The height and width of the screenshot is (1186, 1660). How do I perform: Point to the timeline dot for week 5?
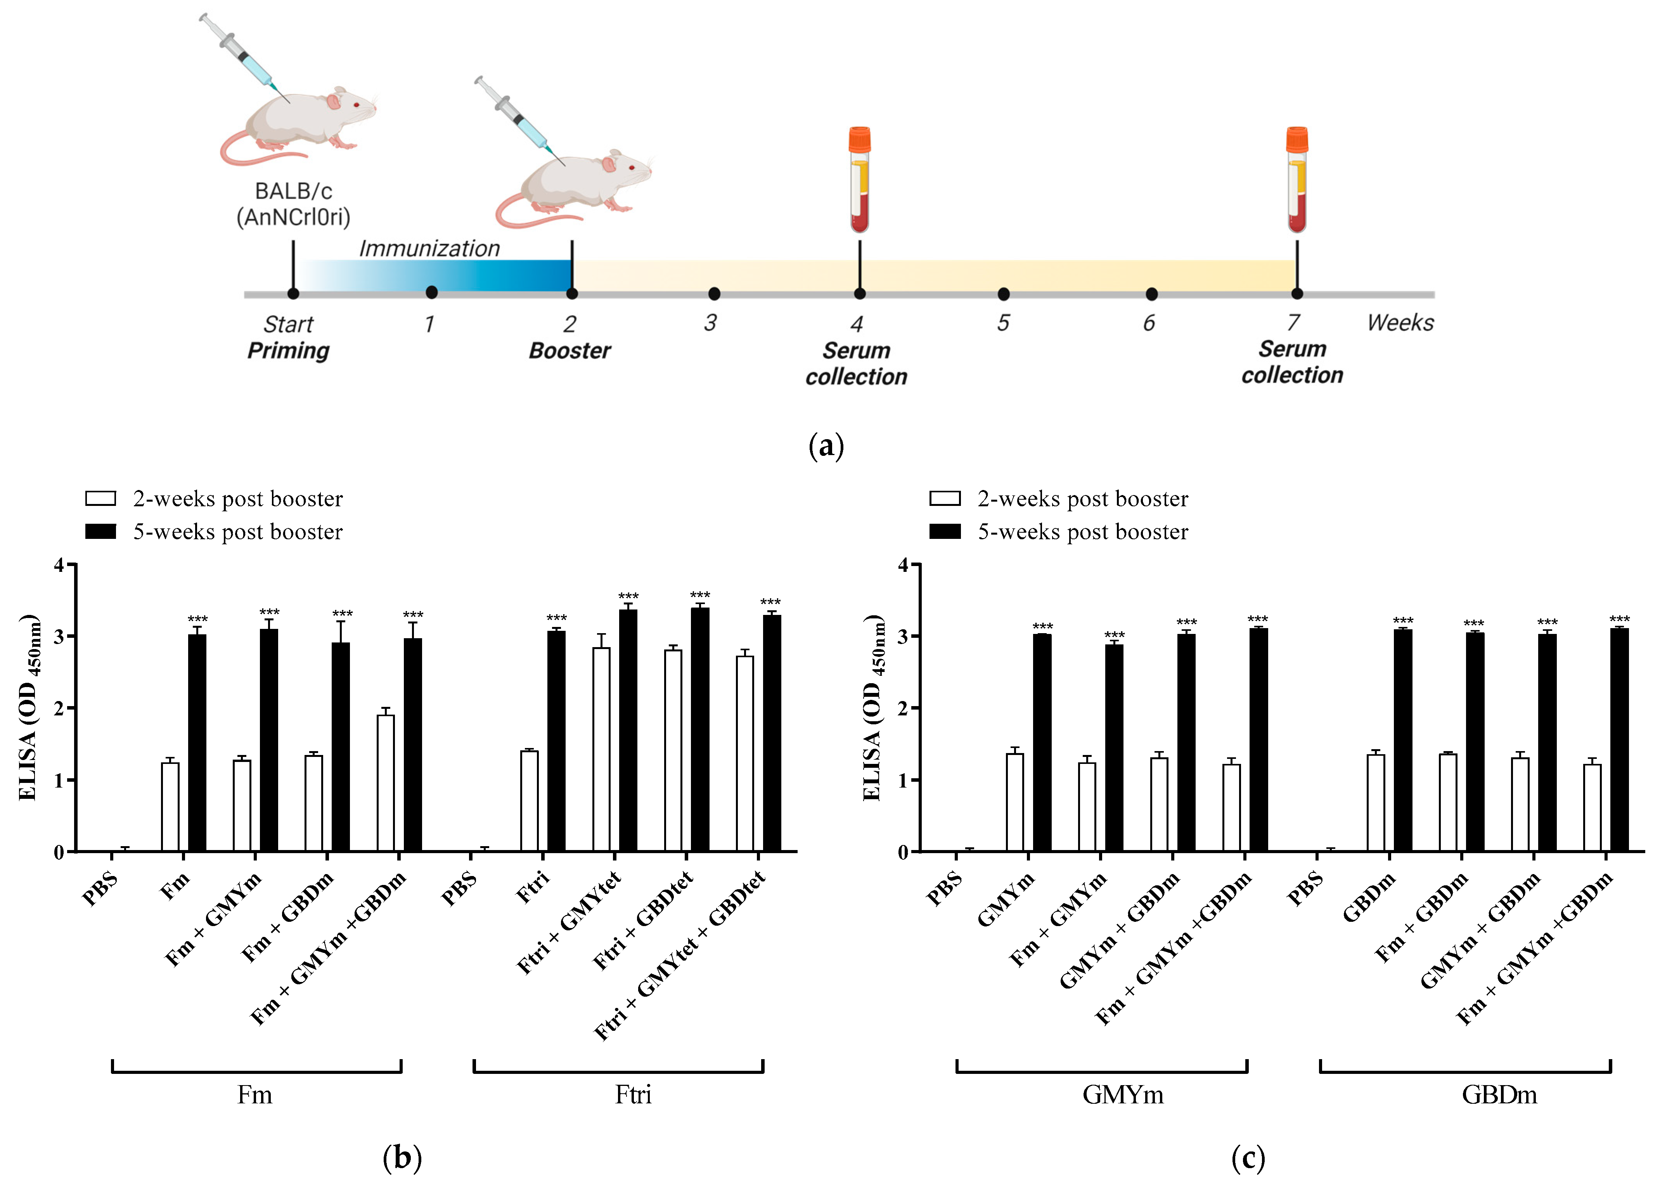(x=1004, y=294)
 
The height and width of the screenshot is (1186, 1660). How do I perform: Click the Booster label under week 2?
(x=569, y=351)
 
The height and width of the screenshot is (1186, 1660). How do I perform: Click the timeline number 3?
(x=710, y=323)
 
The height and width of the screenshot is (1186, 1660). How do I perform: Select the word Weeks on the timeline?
(x=1400, y=323)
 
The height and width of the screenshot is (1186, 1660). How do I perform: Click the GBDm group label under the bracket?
(x=1499, y=1095)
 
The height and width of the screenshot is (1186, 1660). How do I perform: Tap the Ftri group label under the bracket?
(x=632, y=1095)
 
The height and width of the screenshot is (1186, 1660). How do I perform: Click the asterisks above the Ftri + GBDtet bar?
(x=699, y=595)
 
